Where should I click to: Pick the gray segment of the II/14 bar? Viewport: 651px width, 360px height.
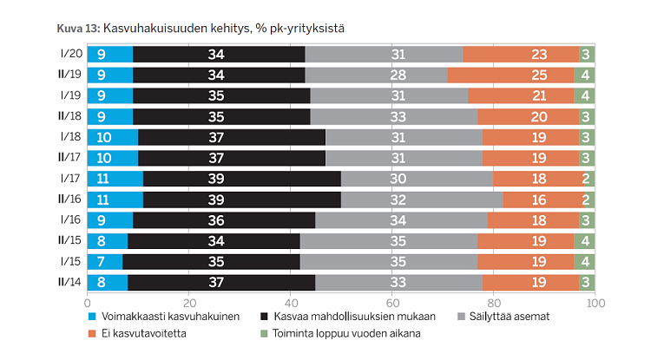click(x=399, y=281)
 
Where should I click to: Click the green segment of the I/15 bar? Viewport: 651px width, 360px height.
click(x=585, y=262)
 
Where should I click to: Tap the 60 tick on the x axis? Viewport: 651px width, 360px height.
click(x=392, y=303)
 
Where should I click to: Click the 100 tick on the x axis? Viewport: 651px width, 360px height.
click(x=595, y=303)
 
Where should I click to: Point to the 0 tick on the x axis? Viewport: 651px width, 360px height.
click(x=88, y=303)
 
